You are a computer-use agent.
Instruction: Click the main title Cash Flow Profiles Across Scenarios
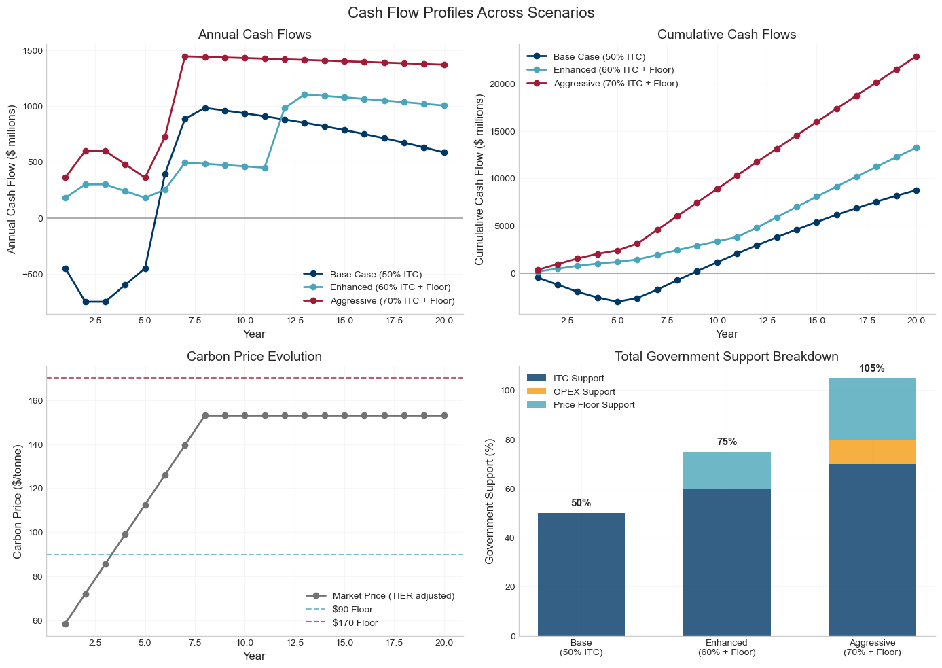pos(471,13)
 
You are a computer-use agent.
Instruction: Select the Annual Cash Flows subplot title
pos(255,35)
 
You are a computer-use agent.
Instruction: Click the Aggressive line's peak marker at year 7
pos(185,56)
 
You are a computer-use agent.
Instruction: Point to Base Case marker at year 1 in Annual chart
pos(65,268)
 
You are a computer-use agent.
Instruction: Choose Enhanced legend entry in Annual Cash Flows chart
pos(390,287)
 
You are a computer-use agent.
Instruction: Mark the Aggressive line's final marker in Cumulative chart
pos(916,56)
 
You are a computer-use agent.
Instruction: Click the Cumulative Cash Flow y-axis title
pos(479,179)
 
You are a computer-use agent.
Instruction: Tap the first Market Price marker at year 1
pos(65,624)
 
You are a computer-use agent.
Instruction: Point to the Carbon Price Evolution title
pos(255,357)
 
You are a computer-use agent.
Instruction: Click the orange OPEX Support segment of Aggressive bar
pos(872,452)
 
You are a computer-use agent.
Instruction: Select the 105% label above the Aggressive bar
pos(872,369)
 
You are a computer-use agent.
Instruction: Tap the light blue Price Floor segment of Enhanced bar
pos(727,470)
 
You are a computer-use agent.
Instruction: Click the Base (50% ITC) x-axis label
pos(581,647)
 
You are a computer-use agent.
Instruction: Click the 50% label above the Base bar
pos(581,504)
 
